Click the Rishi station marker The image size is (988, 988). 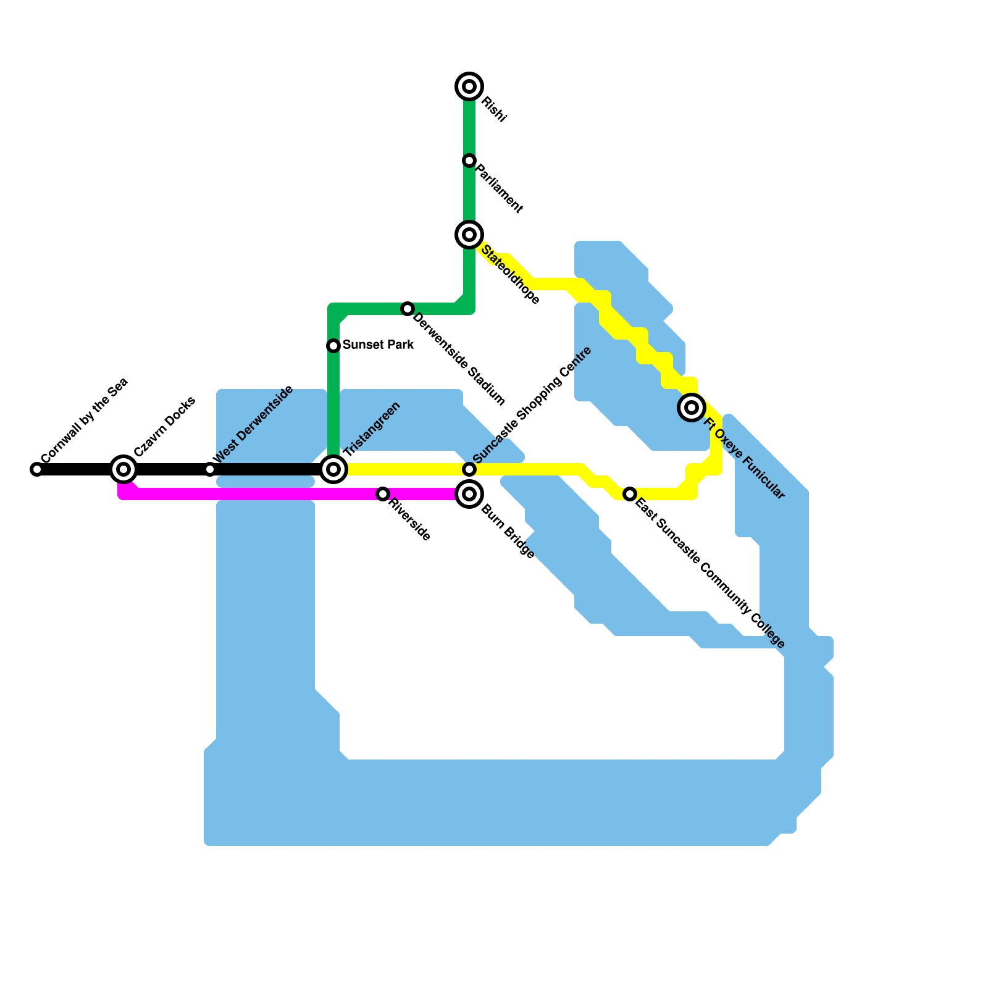(469, 86)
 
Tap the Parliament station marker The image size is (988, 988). (469, 161)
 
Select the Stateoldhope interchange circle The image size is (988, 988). (469, 235)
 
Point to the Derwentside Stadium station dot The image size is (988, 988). (407, 309)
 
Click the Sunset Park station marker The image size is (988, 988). (333, 346)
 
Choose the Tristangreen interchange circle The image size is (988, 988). (333, 469)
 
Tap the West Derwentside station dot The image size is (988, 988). (210, 469)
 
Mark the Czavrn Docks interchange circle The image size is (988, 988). (124, 469)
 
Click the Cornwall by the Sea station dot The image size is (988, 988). (37, 469)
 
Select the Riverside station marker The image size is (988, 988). (383, 494)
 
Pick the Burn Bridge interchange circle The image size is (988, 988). (469, 494)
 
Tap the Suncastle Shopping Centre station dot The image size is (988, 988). (469, 469)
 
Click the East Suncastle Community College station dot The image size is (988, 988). (630, 494)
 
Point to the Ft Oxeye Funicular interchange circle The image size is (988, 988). (692, 408)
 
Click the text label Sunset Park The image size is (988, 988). (378, 345)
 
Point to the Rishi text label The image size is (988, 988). (494, 110)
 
